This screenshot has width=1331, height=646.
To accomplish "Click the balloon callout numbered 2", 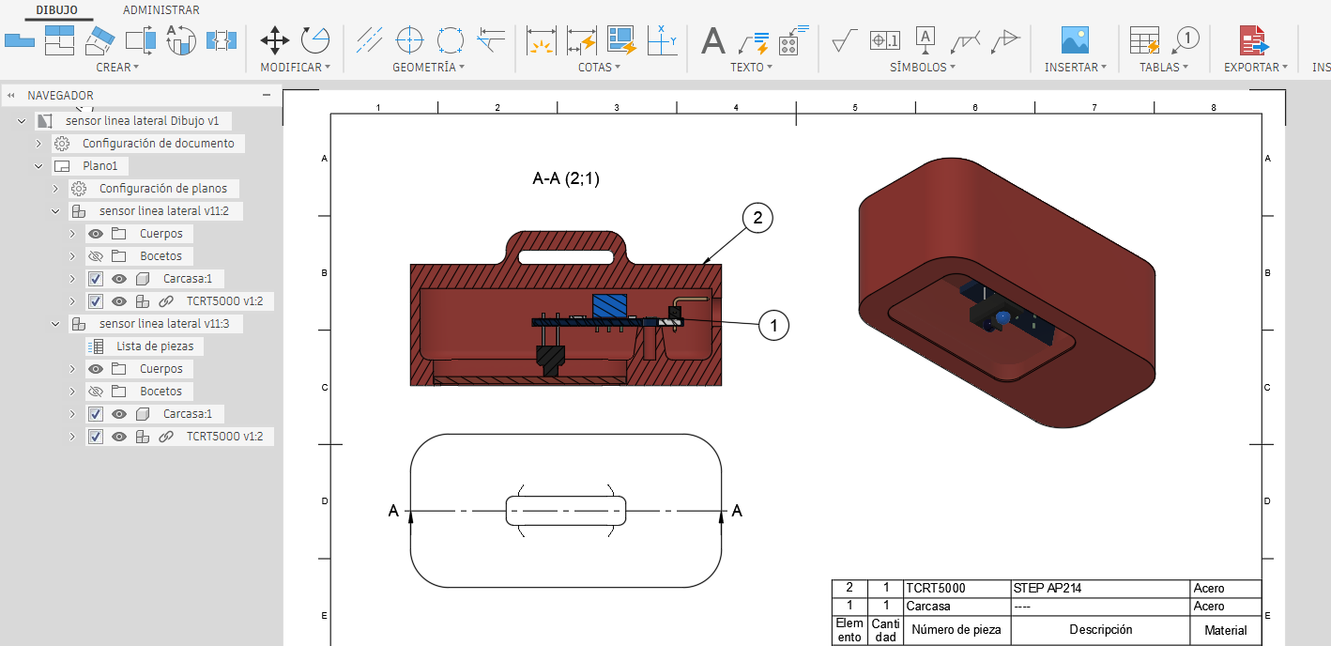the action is tap(757, 218).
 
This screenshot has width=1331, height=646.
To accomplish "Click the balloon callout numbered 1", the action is tap(773, 326).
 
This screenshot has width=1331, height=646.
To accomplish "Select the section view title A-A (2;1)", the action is tap(566, 178).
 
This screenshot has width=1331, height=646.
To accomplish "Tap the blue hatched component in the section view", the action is tap(609, 305).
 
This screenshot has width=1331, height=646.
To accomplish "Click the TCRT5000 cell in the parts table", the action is tap(936, 589).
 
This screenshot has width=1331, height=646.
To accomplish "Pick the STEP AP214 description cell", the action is tap(1047, 589).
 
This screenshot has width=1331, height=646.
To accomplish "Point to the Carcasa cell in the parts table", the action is tap(928, 607).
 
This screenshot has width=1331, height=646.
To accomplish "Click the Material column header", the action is tap(1225, 630).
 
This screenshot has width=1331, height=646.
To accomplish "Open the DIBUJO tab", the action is tap(56, 10).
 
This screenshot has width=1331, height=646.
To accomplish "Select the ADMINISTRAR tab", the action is tap(161, 10).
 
